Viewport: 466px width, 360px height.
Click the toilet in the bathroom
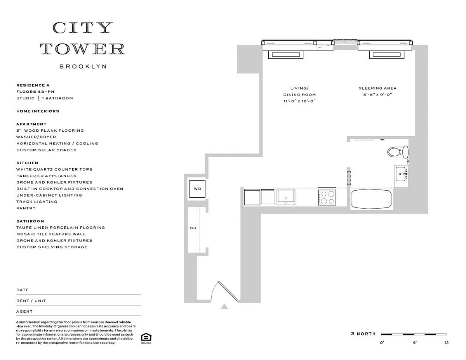click(x=398, y=152)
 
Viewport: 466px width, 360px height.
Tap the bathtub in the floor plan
click(x=372, y=199)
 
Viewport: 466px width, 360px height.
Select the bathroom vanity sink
click(x=401, y=176)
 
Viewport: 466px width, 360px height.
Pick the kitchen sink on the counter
click(x=286, y=197)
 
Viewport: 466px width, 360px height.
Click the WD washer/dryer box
click(x=197, y=189)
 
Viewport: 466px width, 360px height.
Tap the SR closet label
click(x=193, y=228)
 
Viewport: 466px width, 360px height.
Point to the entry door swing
click(x=224, y=290)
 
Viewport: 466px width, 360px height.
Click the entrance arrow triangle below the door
click(x=224, y=307)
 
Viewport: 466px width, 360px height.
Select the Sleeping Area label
click(x=377, y=88)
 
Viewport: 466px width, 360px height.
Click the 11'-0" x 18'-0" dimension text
click(x=299, y=101)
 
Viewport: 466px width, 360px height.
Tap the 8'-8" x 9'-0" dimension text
click(x=377, y=94)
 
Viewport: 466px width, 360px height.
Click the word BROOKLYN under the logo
click(x=83, y=66)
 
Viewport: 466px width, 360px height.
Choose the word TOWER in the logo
click(x=83, y=49)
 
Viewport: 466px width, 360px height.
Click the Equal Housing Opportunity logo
click(x=146, y=338)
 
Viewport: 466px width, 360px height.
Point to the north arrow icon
click(x=353, y=334)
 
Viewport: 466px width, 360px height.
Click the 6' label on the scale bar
click(x=415, y=343)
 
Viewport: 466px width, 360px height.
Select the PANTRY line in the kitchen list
click(x=26, y=208)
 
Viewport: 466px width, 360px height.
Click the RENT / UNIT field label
click(x=31, y=301)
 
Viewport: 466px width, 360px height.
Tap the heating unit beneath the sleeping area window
click(x=387, y=55)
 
